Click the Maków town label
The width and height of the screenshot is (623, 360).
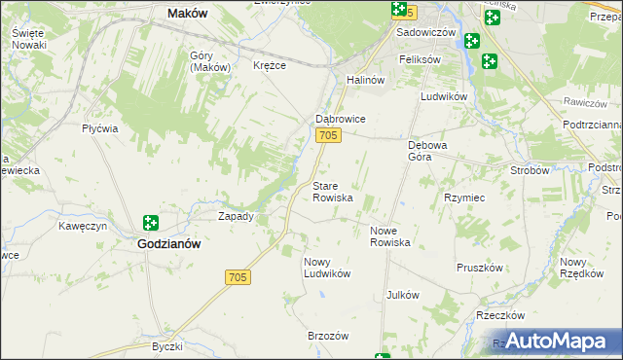click(x=188, y=14)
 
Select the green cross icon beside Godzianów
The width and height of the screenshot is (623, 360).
click(x=151, y=224)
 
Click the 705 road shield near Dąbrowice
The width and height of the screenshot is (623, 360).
click(x=328, y=136)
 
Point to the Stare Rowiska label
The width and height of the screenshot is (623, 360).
click(x=332, y=191)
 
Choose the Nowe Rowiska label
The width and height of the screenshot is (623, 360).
click(x=390, y=236)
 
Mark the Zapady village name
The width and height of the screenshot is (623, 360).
click(x=236, y=216)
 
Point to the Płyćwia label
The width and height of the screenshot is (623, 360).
click(x=100, y=128)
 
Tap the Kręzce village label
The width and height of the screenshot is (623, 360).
click(x=269, y=66)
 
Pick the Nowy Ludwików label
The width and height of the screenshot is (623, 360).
click(x=326, y=268)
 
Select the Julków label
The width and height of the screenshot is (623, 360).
click(x=402, y=295)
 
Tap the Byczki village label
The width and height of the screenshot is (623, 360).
click(x=167, y=346)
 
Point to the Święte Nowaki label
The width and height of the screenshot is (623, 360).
click(x=29, y=39)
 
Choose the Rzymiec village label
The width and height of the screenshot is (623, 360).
click(x=463, y=198)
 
